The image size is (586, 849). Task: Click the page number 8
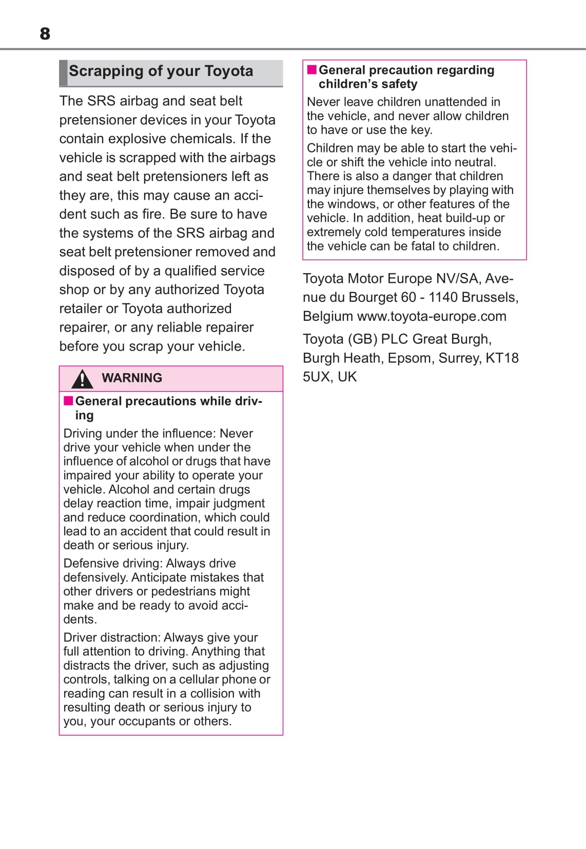pos(45,34)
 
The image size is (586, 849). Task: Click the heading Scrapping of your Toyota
pos(161,71)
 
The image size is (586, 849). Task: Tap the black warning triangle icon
pos(82,379)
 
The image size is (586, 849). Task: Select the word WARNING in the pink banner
pos(132,378)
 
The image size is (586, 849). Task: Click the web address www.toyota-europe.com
pos(432,316)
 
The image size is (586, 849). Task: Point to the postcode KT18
pos(502,358)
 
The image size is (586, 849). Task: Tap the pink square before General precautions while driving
pos(68,400)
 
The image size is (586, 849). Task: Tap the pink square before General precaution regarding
pos(311,69)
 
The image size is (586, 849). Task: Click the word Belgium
pos(328,316)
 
